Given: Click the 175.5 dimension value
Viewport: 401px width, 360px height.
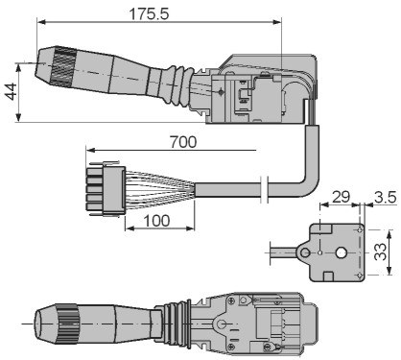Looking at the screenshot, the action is pos(149,13).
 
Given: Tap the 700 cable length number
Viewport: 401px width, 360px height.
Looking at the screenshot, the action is pos(183,142).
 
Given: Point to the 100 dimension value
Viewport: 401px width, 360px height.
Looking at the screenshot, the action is pos(156,221).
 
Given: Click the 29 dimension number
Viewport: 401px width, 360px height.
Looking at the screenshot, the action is pos(341,197).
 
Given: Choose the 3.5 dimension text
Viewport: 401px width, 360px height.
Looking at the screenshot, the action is pos(386,198).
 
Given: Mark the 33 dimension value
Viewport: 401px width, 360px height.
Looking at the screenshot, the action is pos(380,252).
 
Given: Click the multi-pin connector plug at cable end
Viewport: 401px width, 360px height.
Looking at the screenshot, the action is pos(105,190).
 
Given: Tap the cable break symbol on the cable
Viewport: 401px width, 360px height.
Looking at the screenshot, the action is pos(264,189).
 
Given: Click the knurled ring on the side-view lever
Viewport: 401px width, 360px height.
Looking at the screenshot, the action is pos(62,67).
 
